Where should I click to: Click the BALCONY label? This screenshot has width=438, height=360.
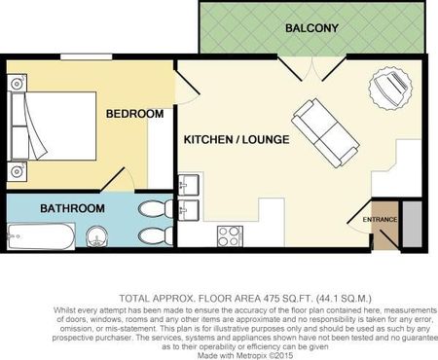311,28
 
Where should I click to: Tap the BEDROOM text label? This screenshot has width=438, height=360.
134,114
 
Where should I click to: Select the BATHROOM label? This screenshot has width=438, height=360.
72,208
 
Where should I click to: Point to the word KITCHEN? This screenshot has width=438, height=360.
211,140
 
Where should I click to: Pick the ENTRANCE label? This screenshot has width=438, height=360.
380,220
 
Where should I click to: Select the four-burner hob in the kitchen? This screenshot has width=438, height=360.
230,234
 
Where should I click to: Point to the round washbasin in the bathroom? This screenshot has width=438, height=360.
97,236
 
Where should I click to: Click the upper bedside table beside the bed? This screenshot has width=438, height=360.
17,83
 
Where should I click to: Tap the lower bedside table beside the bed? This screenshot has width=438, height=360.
17,173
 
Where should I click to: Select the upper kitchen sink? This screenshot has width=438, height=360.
189,184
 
